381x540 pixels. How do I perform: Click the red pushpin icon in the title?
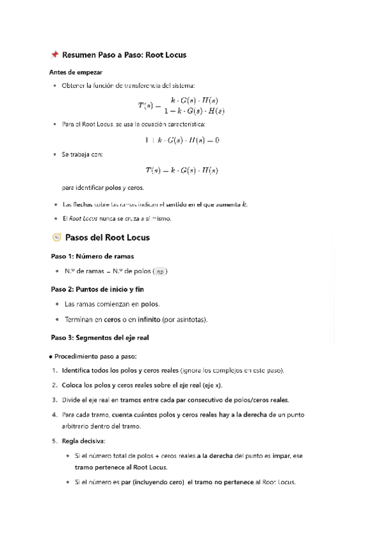pyautogui.click(x=54, y=55)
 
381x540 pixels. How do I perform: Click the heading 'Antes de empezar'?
pyautogui.click(x=76, y=72)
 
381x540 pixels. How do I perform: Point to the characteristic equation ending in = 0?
pyautogui.click(x=181, y=140)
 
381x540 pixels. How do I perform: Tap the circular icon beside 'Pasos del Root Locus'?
pyautogui.click(x=56, y=238)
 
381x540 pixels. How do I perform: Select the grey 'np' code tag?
pyautogui.click(x=162, y=271)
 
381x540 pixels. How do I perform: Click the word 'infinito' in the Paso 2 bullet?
pyautogui.click(x=162, y=319)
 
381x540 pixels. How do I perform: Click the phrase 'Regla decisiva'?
pyautogui.click(x=85, y=441)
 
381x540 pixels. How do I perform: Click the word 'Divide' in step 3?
pyautogui.click(x=72, y=400)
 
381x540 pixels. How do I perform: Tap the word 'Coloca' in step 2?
pyautogui.click(x=73, y=385)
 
